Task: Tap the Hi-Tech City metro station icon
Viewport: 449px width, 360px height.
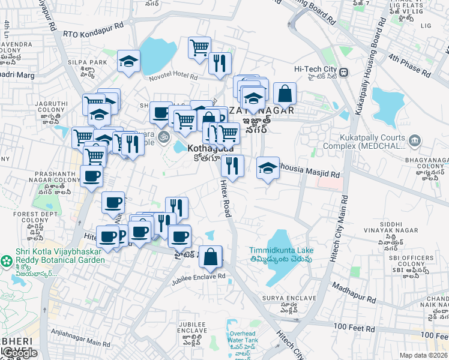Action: [343, 73]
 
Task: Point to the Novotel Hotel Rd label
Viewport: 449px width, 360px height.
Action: [173, 77]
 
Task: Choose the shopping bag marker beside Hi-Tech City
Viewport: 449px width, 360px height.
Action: [285, 93]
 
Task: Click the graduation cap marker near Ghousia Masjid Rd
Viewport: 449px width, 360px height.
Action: [268, 167]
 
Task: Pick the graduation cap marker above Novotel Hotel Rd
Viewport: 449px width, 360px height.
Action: [128, 61]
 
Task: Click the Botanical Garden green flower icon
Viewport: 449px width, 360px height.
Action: [7, 261]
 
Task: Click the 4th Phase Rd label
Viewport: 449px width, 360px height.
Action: [410, 65]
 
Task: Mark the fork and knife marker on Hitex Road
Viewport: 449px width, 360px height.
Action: [232, 165]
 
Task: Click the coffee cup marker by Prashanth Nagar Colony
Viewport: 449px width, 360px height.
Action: [91, 176]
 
